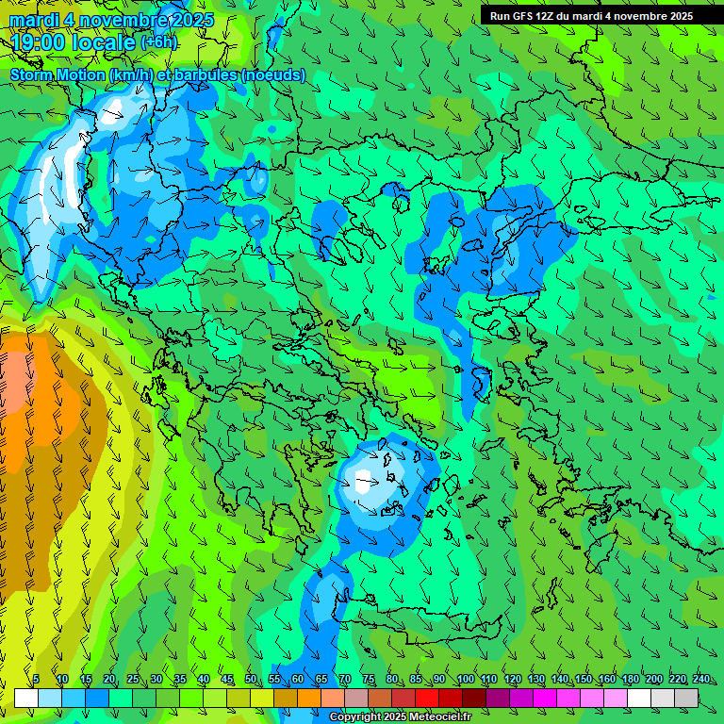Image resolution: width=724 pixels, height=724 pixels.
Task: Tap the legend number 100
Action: (466, 679)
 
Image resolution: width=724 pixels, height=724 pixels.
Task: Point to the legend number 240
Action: (701, 679)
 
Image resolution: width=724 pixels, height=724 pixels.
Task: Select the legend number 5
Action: (36, 679)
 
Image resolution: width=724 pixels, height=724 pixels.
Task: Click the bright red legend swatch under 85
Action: (427, 698)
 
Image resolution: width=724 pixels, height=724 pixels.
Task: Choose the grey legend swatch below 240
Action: (686, 698)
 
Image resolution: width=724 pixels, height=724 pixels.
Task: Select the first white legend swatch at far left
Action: (26, 698)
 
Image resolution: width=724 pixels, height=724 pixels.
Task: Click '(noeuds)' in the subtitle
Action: (273, 74)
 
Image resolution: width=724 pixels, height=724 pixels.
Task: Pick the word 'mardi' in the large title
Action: (34, 19)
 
